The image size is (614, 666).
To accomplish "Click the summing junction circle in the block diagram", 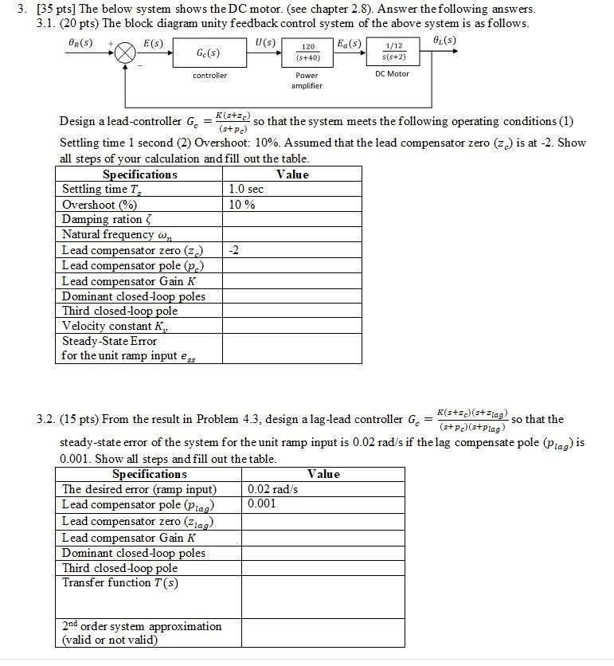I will pyautogui.click(x=125, y=53).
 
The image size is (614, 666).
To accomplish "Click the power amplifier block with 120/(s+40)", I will pyautogui.click(x=307, y=53).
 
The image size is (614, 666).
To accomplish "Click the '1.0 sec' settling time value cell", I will pyautogui.click(x=245, y=190).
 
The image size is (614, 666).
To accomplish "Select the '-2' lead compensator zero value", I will pyautogui.click(x=233, y=250).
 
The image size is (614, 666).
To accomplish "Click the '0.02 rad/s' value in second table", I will pyautogui.click(x=272, y=489).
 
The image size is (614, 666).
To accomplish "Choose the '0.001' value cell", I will pyautogui.click(x=262, y=504).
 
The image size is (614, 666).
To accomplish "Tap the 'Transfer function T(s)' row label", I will pyautogui.click(x=120, y=583).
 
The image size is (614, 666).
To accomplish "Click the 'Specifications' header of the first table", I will pyautogui.click(x=140, y=174).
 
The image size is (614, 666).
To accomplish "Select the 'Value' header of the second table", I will pyautogui.click(x=323, y=474).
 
